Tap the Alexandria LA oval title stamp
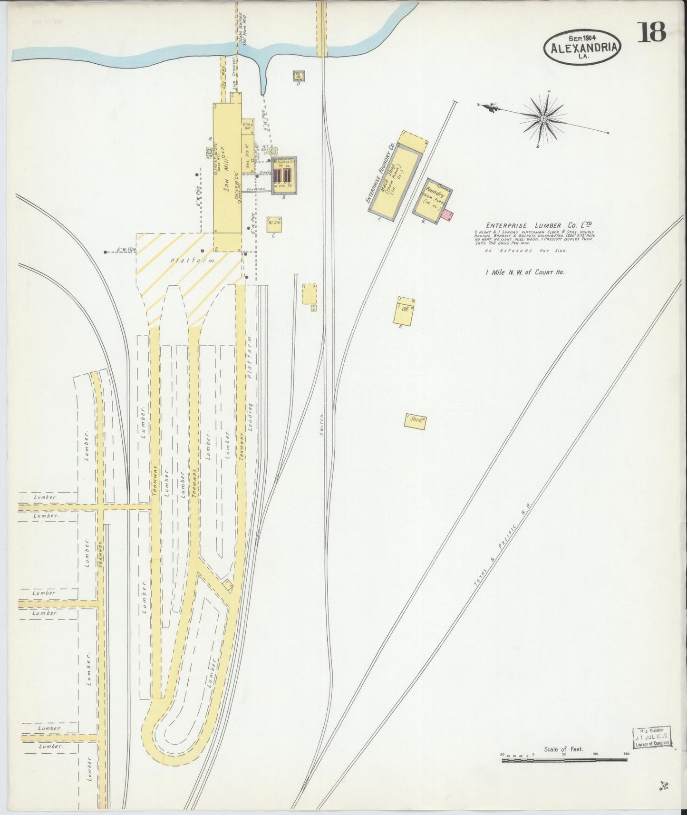[583, 48]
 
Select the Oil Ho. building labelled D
[299, 76]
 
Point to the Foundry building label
[434, 196]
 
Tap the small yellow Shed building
[415, 420]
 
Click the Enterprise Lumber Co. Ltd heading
[540, 226]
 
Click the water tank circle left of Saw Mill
[209, 152]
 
